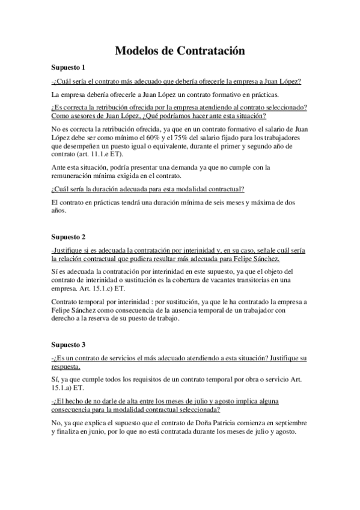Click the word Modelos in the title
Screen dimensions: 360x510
tap(138, 52)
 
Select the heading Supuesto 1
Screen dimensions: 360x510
tap(69, 68)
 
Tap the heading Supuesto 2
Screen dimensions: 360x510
tap(69, 236)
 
